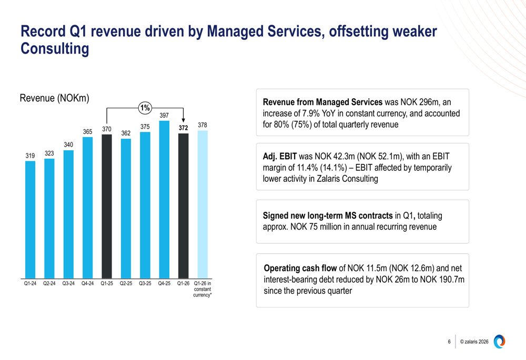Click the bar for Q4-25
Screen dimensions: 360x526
pos(164,200)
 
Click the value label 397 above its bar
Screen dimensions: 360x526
pos(164,116)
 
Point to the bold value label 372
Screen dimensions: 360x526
pos(183,128)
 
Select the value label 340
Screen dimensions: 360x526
pos(68,145)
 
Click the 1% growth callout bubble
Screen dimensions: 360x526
pos(145,108)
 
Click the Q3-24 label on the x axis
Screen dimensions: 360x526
pos(68,284)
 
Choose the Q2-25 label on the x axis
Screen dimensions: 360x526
pos(126,284)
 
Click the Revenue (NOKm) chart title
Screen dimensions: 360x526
pos(54,98)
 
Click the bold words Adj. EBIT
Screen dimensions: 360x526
pos(280,157)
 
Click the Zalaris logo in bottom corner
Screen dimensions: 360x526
pos(500,341)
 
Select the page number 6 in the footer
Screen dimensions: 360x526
pos(449,342)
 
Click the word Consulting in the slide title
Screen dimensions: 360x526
pos(54,49)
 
